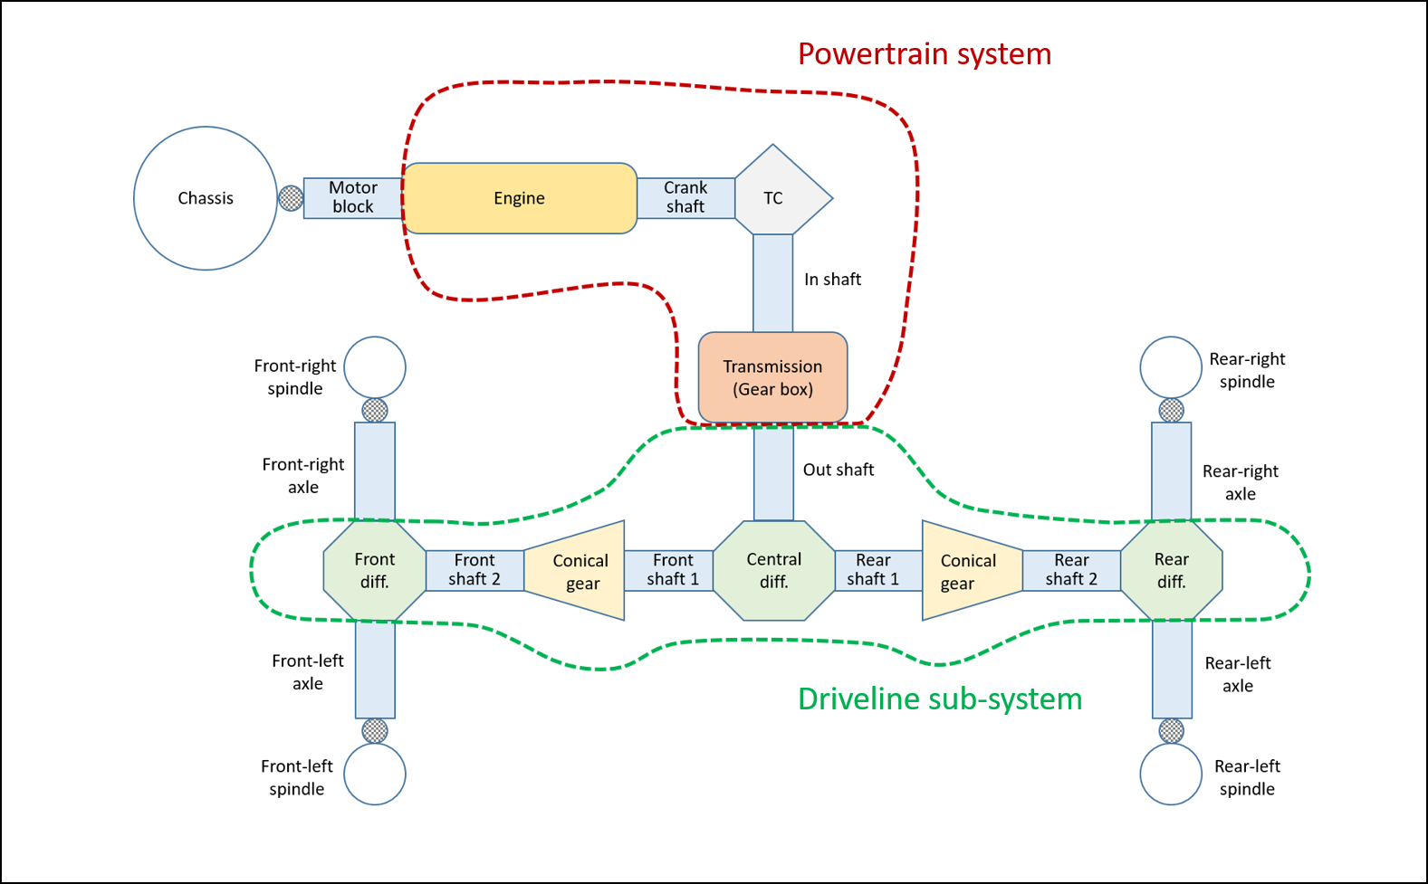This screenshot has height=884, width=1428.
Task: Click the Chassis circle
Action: pyautogui.click(x=206, y=198)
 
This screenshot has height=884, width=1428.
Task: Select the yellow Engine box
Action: pyautogui.click(x=520, y=198)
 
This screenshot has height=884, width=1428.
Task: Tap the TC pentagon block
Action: pyautogui.click(x=777, y=197)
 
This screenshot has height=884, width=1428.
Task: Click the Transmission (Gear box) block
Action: pyautogui.click(x=772, y=377)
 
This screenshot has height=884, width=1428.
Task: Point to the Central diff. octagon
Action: pyautogui.click(x=773, y=571)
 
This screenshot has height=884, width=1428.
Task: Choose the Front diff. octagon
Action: pyautogui.click(x=374, y=571)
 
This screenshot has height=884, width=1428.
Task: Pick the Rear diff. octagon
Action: pyautogui.click(x=1171, y=571)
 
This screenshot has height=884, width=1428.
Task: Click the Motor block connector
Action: pyautogui.click(x=353, y=198)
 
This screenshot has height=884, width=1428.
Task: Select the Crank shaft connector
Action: pyautogui.click(x=685, y=198)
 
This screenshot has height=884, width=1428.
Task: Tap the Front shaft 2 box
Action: pyautogui.click(x=474, y=570)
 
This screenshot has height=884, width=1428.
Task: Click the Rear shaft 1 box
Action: pyautogui.click(x=873, y=570)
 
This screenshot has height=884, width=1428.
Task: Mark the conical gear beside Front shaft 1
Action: pyautogui.click(x=578, y=571)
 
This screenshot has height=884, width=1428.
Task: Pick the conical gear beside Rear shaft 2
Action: pyautogui.click(x=970, y=571)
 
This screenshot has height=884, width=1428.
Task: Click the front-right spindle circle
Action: pyautogui.click(x=375, y=367)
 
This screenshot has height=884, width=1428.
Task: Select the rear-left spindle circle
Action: pyautogui.click(x=1171, y=775)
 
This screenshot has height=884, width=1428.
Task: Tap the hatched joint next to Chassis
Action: pyautogui.click(x=291, y=198)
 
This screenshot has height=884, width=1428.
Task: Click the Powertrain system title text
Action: pyautogui.click(x=924, y=54)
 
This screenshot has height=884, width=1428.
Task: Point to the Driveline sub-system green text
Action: pyautogui.click(x=940, y=699)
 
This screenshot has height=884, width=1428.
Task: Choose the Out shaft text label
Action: pyautogui.click(x=839, y=470)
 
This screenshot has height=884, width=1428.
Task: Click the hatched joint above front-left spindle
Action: pyautogui.click(x=375, y=730)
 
